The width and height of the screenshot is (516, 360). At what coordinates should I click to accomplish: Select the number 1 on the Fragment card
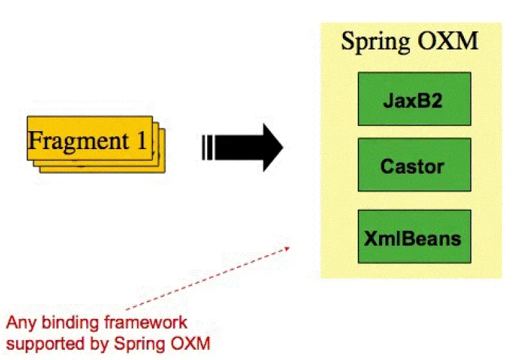tap(142, 139)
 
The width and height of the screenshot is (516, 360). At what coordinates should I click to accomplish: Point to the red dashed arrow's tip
tap(288, 246)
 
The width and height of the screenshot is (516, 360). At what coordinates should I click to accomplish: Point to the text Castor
tap(412, 166)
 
